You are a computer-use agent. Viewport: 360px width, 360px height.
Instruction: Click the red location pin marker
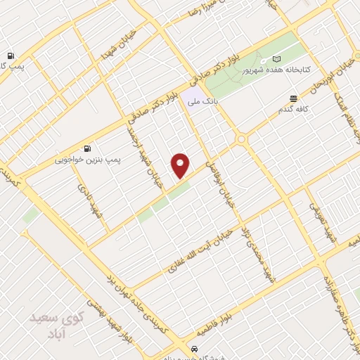181,165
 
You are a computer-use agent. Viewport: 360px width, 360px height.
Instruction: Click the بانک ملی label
202,103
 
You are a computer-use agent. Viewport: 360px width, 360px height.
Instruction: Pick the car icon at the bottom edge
193,349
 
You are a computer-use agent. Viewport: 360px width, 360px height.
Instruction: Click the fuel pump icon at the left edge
10,55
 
